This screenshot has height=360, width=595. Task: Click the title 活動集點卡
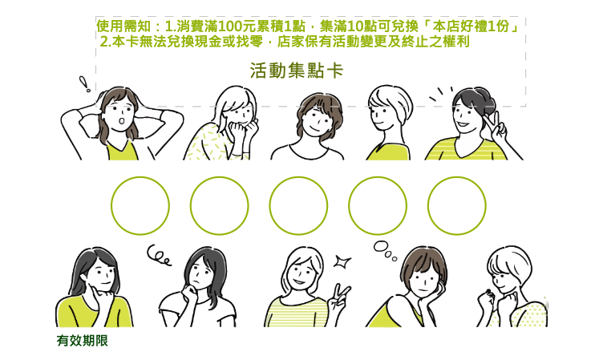(x=297, y=71)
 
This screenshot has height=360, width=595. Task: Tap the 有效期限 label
(x=83, y=340)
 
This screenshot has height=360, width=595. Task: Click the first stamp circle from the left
(x=140, y=205)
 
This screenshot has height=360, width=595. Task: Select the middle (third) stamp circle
(x=298, y=205)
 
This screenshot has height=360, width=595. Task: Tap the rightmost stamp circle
(x=456, y=205)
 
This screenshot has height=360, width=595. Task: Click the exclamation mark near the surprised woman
(x=85, y=83)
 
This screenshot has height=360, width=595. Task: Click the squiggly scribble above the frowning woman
(x=159, y=255)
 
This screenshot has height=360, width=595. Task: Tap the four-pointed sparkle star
(x=342, y=261)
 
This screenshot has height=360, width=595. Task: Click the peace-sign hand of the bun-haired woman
(x=496, y=127)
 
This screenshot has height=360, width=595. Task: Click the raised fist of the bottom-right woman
(x=486, y=297)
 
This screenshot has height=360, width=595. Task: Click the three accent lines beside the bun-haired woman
(x=440, y=93)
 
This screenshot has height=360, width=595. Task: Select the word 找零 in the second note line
(x=249, y=42)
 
